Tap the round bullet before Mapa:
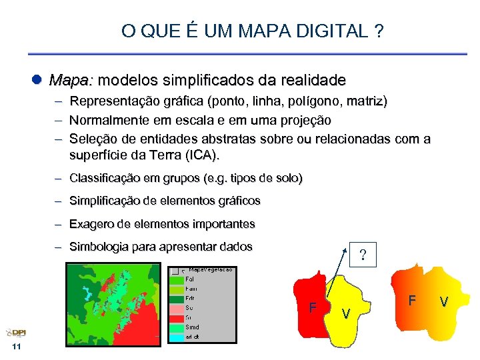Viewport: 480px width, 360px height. click(38, 81)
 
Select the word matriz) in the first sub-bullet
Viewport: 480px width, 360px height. click(364, 102)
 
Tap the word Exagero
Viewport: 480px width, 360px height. click(92, 224)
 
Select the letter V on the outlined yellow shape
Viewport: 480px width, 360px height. click(345, 313)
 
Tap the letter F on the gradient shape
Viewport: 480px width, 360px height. click(412, 301)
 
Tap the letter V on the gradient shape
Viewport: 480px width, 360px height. click(444, 302)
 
